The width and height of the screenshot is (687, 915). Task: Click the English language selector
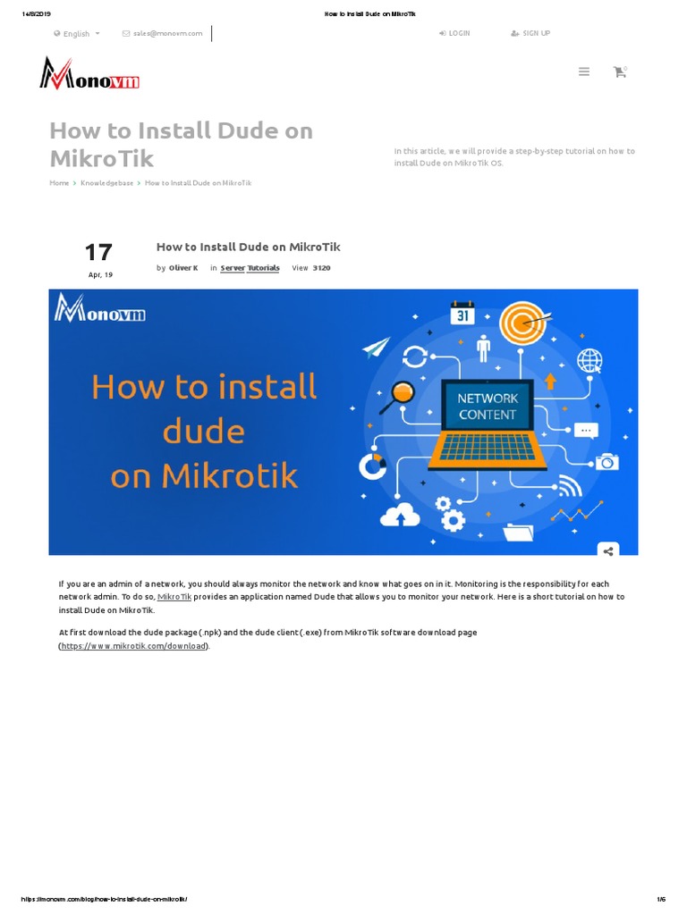pyautogui.click(x=77, y=34)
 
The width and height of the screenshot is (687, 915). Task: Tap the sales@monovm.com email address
pyautogui.click(x=167, y=34)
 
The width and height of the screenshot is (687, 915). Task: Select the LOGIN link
pyautogui.click(x=454, y=33)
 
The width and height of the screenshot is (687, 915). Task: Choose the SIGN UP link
pyautogui.click(x=530, y=33)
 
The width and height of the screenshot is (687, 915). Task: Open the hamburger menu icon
pyautogui.click(x=583, y=71)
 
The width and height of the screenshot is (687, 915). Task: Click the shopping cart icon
pyautogui.click(x=620, y=71)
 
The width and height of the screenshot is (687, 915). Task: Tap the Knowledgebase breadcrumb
pyautogui.click(x=107, y=182)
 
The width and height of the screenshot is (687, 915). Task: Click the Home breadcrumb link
pyautogui.click(x=59, y=182)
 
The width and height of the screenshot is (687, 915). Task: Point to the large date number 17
pyautogui.click(x=98, y=253)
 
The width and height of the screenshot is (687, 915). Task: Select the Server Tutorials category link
pyautogui.click(x=250, y=268)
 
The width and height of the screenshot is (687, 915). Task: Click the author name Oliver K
pyautogui.click(x=183, y=268)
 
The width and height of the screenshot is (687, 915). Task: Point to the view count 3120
pyautogui.click(x=321, y=268)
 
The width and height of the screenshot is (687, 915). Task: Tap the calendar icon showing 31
pyautogui.click(x=462, y=313)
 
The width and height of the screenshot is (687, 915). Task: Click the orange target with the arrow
pyautogui.click(x=523, y=323)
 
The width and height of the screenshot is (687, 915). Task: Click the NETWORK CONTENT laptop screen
pyautogui.click(x=488, y=407)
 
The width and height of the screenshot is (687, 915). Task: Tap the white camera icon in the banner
pyautogui.click(x=607, y=462)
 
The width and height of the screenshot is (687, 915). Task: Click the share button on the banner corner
pyautogui.click(x=608, y=550)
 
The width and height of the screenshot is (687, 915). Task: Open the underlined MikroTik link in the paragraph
pyautogui.click(x=174, y=596)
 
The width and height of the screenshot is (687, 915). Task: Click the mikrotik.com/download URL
pyautogui.click(x=134, y=646)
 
